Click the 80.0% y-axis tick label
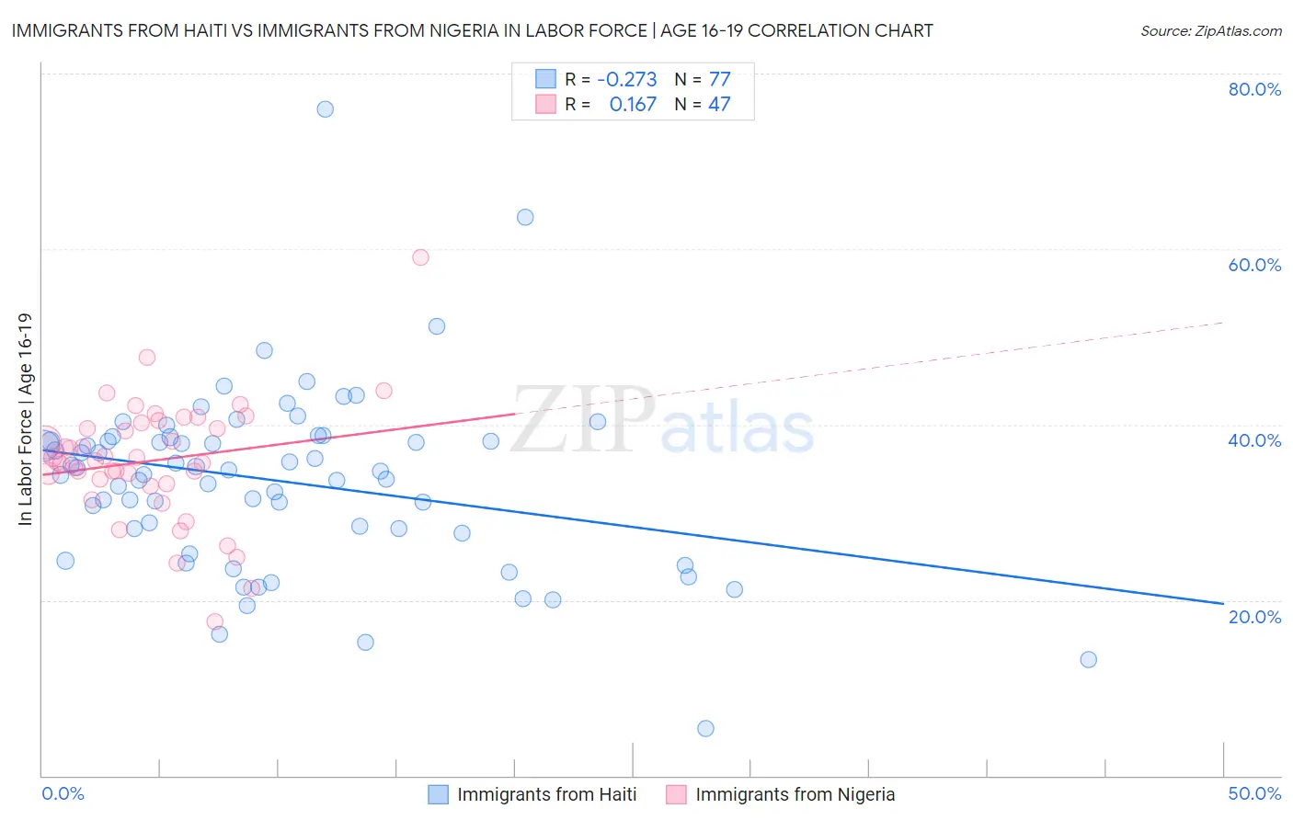[x=1254, y=89]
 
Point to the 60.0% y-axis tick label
[x=1254, y=265]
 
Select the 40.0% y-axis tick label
[x=1254, y=440]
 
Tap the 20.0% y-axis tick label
[x=1254, y=616]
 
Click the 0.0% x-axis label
[x=63, y=793]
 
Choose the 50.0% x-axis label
[x=1254, y=793]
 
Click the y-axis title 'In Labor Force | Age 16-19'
[x=25, y=419]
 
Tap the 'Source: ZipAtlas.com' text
[x=1210, y=30]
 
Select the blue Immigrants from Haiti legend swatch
[x=438, y=794]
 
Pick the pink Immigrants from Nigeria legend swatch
[x=676, y=794]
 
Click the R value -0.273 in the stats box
[x=626, y=79]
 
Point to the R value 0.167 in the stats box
[x=633, y=104]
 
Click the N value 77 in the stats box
[x=719, y=79]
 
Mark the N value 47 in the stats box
[x=719, y=104]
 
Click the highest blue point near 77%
[x=325, y=108]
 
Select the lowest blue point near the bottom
[x=705, y=728]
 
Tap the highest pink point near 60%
[x=420, y=257]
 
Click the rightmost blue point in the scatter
[x=1088, y=659]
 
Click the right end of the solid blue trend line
[x=1223, y=603]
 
